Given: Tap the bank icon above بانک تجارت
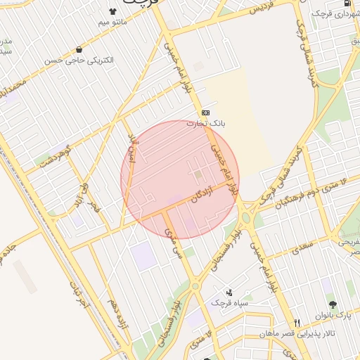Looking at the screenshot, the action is (x=205, y=112).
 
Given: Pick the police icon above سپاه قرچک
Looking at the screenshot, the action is (x=230, y=292).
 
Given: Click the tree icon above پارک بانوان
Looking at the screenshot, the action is (x=351, y=304).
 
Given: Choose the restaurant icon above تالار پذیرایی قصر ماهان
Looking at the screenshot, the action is (x=297, y=323).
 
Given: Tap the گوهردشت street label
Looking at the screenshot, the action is (x=57, y=155).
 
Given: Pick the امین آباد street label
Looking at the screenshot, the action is (x=133, y=146).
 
